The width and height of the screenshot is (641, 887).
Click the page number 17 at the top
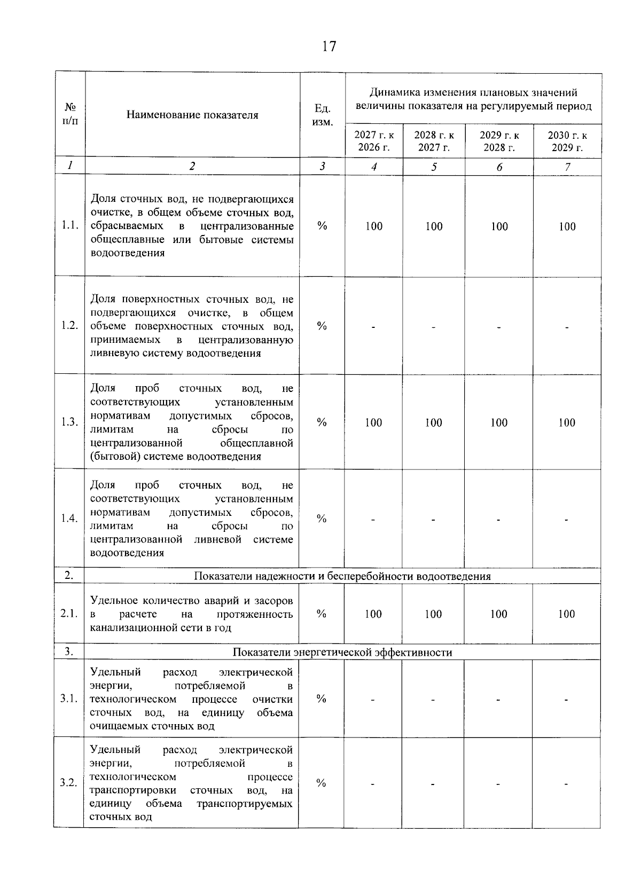[329, 46]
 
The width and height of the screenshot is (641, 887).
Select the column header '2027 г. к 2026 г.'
[374, 141]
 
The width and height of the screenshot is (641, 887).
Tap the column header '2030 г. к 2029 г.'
[567, 141]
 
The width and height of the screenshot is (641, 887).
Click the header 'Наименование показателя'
[192, 115]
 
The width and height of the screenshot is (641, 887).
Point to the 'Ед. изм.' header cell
[322, 115]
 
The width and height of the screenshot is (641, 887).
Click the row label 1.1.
[70, 225]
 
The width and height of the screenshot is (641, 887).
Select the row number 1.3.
[70, 422]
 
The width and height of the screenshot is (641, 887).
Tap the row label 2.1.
[69, 614]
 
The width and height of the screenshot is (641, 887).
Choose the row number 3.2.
[69, 783]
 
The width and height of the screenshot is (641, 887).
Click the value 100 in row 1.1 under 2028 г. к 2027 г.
[434, 226]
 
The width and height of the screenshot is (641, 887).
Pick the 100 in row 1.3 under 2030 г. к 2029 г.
[567, 423]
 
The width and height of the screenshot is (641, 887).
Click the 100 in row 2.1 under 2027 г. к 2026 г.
[373, 614]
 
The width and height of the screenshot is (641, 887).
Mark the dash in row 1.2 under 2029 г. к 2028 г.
[499, 327]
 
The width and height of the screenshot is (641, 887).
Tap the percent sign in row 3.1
[322, 698]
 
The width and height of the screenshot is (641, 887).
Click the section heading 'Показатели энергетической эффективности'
[342, 653]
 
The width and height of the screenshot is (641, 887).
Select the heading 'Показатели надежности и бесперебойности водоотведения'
[342, 576]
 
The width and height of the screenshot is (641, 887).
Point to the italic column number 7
[567, 167]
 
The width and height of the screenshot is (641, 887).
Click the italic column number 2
[192, 166]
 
